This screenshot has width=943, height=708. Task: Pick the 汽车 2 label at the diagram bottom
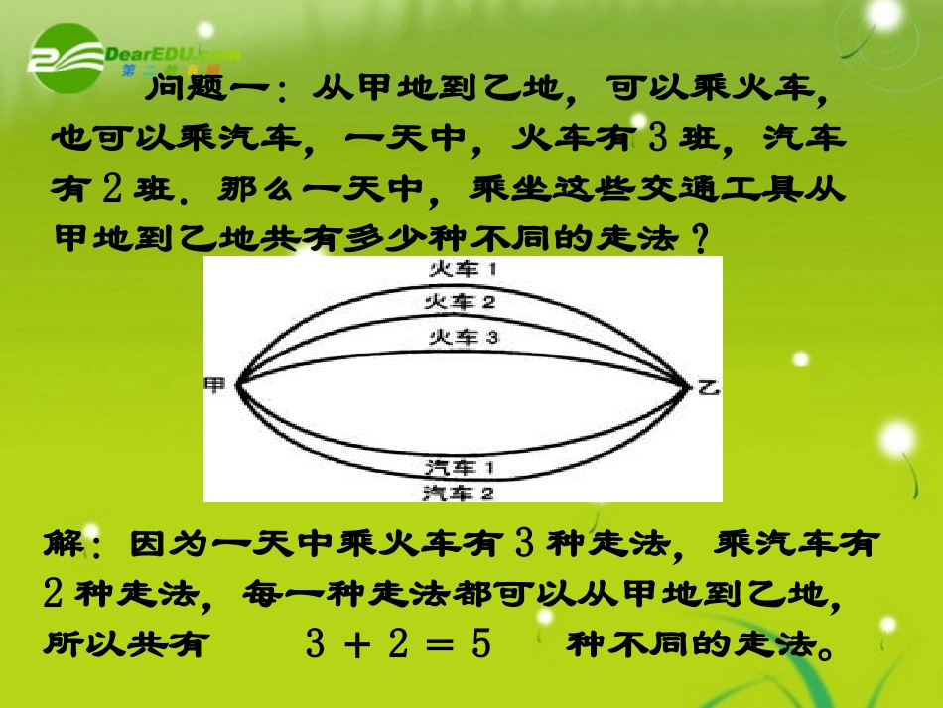tap(459, 492)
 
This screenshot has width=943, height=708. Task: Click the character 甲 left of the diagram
tap(214, 385)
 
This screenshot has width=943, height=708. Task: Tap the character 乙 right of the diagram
tap(708, 388)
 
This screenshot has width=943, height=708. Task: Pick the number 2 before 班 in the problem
tap(111, 188)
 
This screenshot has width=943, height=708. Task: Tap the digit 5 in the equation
tap(482, 644)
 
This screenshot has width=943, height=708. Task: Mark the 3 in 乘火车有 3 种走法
tap(527, 544)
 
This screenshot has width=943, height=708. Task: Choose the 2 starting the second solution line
tap(56, 594)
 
